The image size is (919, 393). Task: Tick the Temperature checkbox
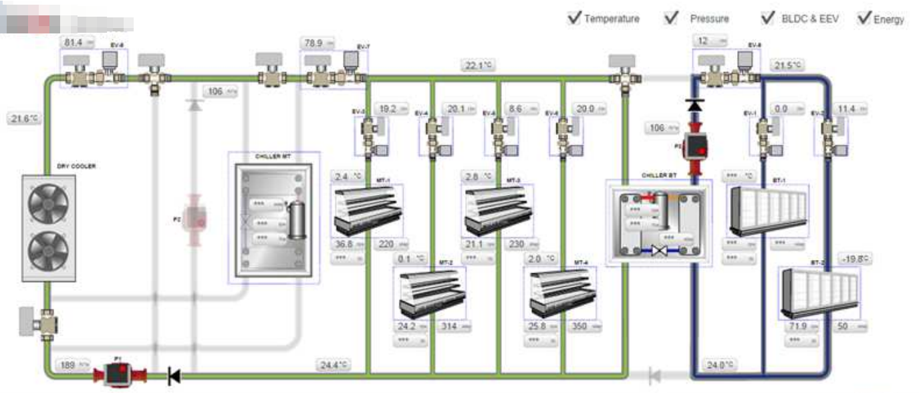[x=573, y=18]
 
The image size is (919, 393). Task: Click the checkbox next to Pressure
[x=671, y=18]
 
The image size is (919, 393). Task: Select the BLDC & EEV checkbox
[x=768, y=18]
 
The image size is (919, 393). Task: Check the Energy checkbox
[x=865, y=18]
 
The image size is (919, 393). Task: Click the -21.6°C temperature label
[x=24, y=118]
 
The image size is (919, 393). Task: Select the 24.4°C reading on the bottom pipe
[x=334, y=365]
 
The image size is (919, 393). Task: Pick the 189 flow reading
[x=74, y=365]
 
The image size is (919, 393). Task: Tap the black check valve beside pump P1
[x=174, y=377]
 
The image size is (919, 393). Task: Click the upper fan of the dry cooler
[x=48, y=200]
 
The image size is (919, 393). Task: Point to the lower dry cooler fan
[x=48, y=250]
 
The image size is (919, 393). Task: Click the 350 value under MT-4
[x=583, y=327]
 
